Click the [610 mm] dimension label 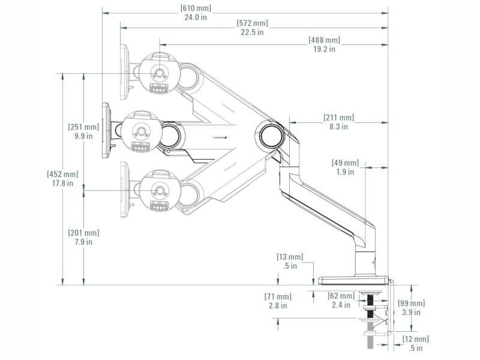point(196,8)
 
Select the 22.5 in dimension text point(252,32)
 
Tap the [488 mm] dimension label point(324,40)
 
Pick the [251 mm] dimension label point(83,127)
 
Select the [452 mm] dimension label point(62,174)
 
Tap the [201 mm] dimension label point(83,233)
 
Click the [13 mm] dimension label point(290,257)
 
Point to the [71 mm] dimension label point(277,296)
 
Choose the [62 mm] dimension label point(341,296)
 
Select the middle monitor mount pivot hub point(142,131)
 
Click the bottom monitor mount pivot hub point(159,191)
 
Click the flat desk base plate point(354,280)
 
